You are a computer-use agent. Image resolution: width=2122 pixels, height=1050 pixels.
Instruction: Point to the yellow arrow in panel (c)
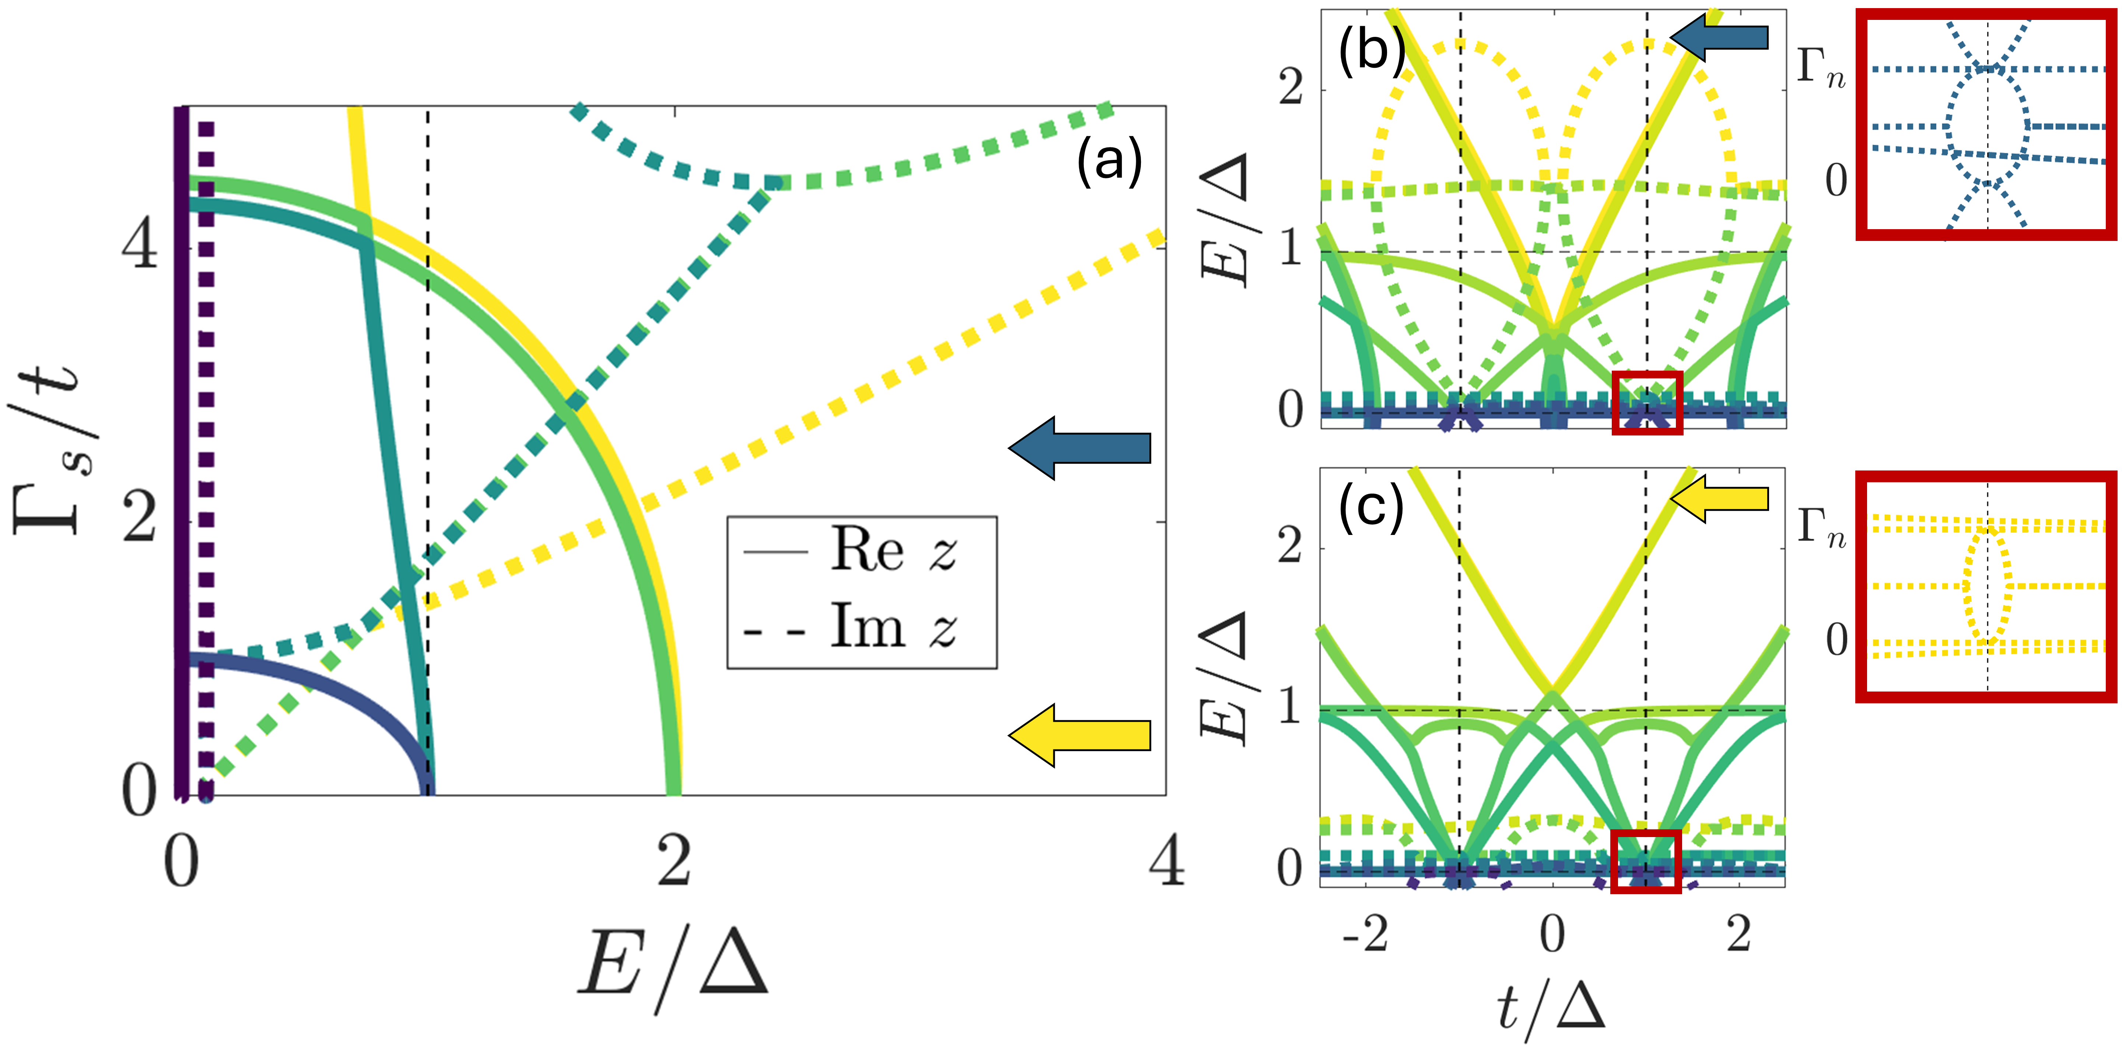tap(1720, 498)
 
